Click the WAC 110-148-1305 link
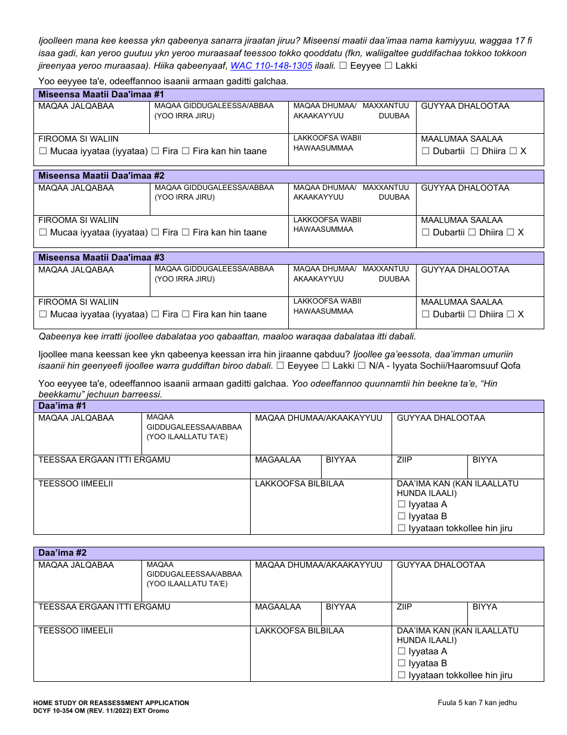(x=271, y=66)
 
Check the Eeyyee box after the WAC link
(x=343, y=66)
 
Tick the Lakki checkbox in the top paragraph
(x=389, y=66)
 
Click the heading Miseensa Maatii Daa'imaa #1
(x=101, y=94)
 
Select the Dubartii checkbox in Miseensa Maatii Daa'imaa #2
(x=426, y=232)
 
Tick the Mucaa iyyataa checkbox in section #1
(x=43, y=151)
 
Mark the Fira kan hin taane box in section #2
(x=186, y=232)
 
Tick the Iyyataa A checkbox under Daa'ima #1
(x=402, y=504)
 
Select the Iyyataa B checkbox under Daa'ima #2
(x=402, y=663)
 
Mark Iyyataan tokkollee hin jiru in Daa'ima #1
(x=402, y=528)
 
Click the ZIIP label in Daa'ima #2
(x=404, y=607)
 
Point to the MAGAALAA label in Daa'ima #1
(x=278, y=460)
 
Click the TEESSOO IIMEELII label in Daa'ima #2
(x=75, y=630)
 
